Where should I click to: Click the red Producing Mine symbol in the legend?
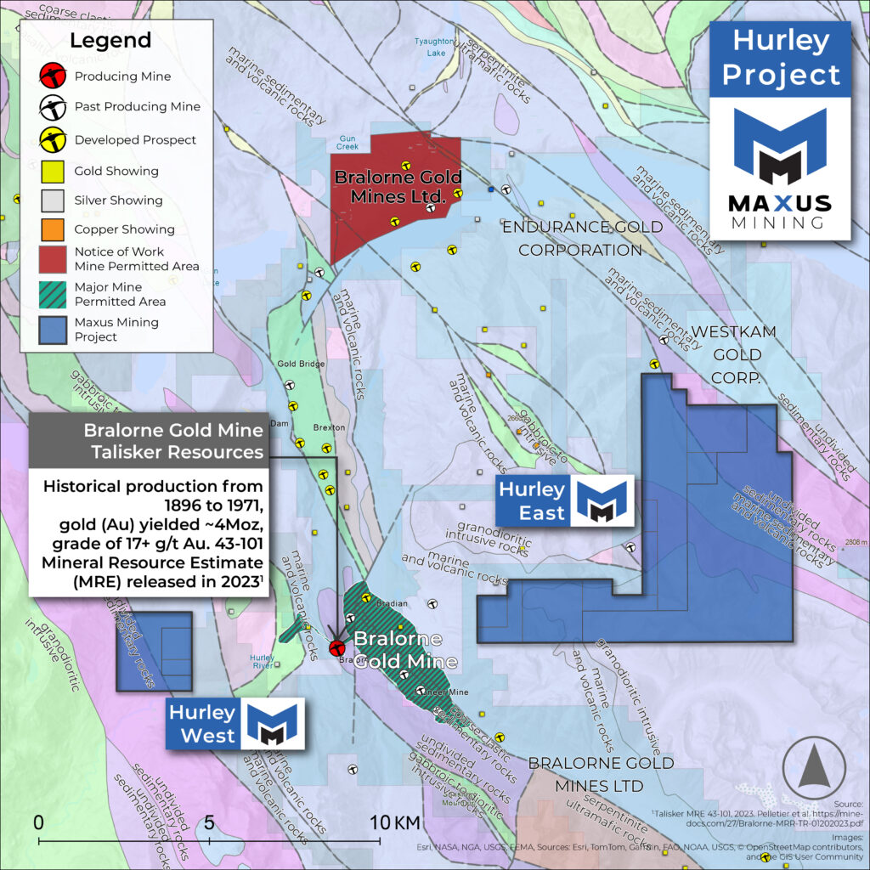(53, 76)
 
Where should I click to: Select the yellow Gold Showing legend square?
(53, 171)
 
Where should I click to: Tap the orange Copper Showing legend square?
(53, 229)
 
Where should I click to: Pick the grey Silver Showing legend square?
(53, 201)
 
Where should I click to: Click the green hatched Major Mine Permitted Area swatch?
(53, 294)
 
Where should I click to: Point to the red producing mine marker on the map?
(336, 648)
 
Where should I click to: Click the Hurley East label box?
(532, 500)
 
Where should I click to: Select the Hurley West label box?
(201, 724)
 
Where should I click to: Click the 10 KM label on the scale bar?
(395, 822)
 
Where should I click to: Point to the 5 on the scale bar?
(208, 822)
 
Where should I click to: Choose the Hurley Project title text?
(780, 58)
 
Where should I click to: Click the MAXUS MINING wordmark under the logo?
(780, 211)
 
